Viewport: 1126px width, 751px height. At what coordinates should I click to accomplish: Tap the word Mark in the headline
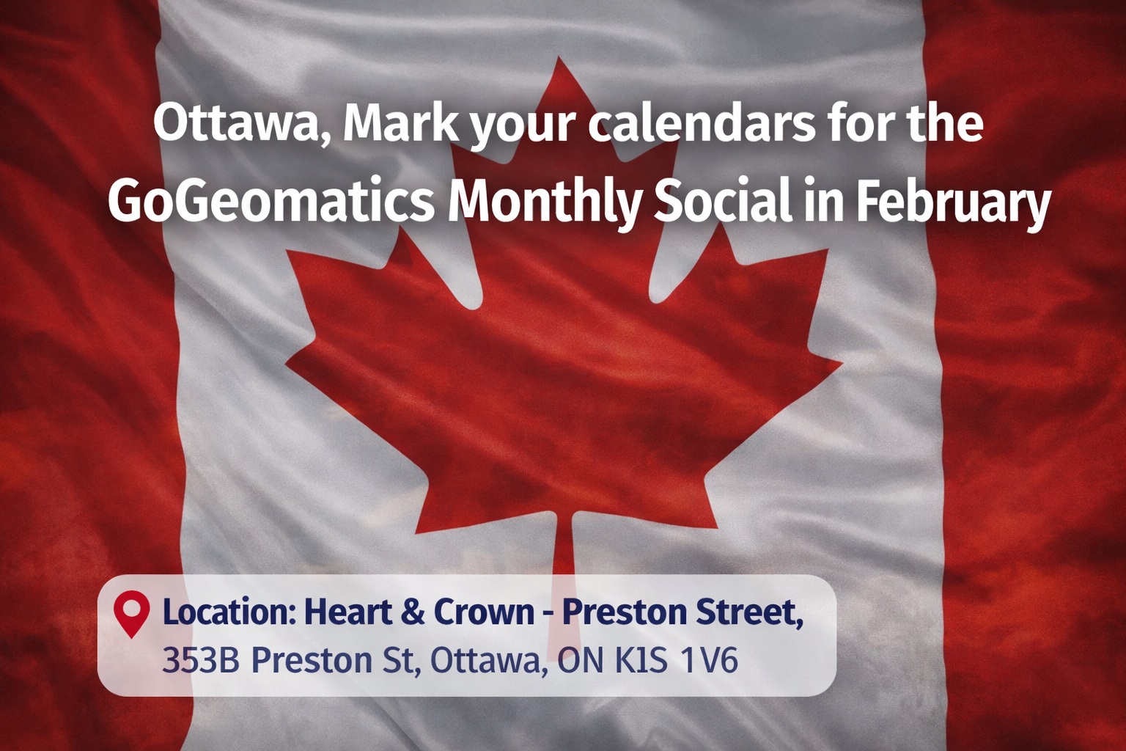point(401,123)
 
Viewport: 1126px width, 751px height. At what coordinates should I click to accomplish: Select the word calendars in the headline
point(702,123)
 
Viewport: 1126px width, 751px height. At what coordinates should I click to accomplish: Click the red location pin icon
point(132,614)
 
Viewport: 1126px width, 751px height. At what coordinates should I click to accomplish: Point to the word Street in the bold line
point(749,613)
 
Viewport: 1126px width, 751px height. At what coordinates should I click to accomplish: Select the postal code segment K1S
point(641,660)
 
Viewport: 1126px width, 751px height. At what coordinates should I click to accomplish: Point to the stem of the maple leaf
point(564,579)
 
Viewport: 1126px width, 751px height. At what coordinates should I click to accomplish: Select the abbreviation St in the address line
point(401,660)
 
